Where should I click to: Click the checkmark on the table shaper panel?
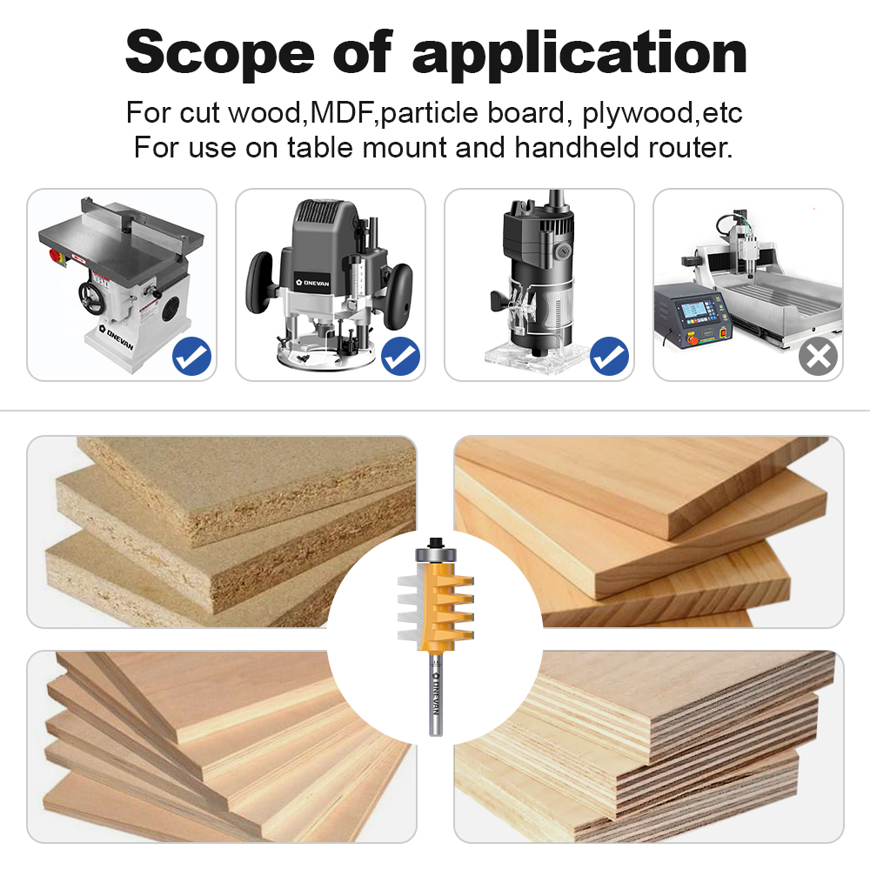pos(191,357)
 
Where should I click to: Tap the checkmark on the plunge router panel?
pos(400,357)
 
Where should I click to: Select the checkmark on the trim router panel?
pos(609,357)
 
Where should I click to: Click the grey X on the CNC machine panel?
pos(818,357)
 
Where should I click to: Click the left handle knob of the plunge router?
pos(260,286)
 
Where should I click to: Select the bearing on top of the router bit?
pos(434,549)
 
